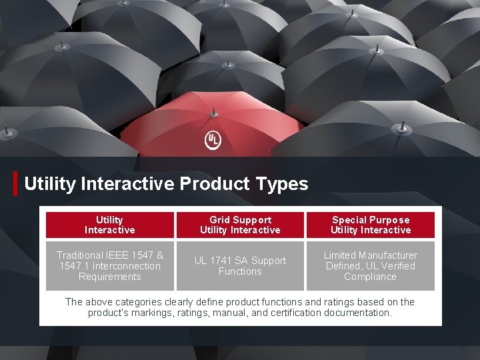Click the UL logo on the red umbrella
(x=212, y=140)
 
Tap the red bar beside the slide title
(x=15, y=183)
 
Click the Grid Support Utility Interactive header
(x=240, y=225)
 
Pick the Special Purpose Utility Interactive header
(x=371, y=225)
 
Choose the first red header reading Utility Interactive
(x=109, y=225)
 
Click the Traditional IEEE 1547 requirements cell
(x=109, y=265)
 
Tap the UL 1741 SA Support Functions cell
(x=240, y=265)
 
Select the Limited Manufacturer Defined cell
(x=371, y=265)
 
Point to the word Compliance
(x=370, y=277)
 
